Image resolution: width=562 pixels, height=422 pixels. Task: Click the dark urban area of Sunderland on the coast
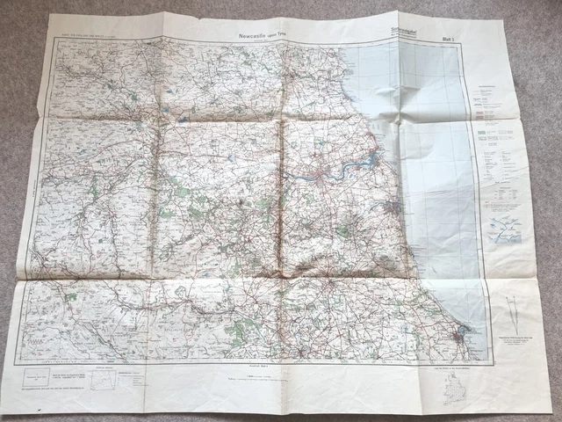pos(396,208)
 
